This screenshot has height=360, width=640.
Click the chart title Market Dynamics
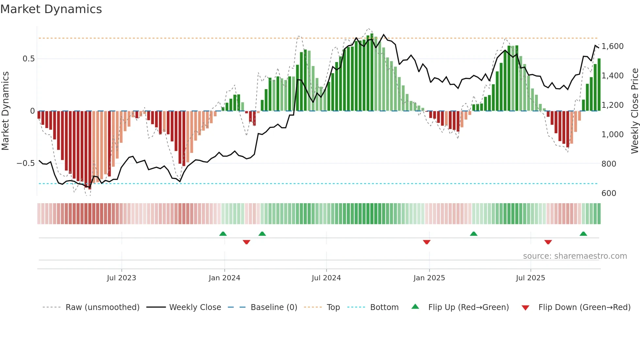[51, 9]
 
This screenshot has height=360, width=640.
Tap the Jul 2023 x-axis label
[121, 278]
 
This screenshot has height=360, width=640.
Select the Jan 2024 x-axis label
[224, 278]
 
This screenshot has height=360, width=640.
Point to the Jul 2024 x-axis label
[326, 278]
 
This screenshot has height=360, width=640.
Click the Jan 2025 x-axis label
[429, 278]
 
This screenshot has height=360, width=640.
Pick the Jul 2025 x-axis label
[531, 278]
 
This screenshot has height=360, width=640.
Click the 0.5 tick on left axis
[28, 59]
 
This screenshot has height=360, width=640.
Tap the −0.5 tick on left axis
[25, 163]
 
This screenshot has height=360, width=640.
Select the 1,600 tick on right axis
[612, 46]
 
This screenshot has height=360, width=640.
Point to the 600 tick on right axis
[609, 193]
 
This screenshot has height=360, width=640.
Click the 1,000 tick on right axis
[612, 135]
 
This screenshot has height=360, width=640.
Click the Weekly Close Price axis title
[634, 111]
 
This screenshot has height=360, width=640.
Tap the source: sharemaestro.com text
[575, 256]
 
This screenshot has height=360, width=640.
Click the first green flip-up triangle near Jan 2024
[223, 234]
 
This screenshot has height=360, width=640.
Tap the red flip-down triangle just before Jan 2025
[426, 242]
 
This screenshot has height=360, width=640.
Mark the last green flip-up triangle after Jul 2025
[583, 234]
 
